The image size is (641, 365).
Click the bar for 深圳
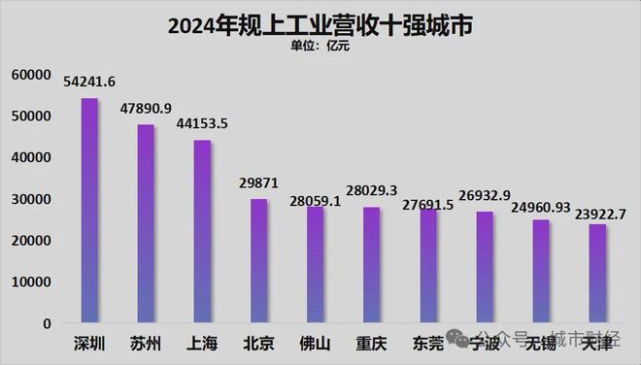(x=88, y=211)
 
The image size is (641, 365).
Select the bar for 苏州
(x=145, y=223)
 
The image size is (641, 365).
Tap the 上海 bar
(x=202, y=231)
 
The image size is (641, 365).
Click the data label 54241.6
(x=88, y=83)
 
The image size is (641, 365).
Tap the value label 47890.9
(x=146, y=109)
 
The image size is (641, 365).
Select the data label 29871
(x=258, y=183)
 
